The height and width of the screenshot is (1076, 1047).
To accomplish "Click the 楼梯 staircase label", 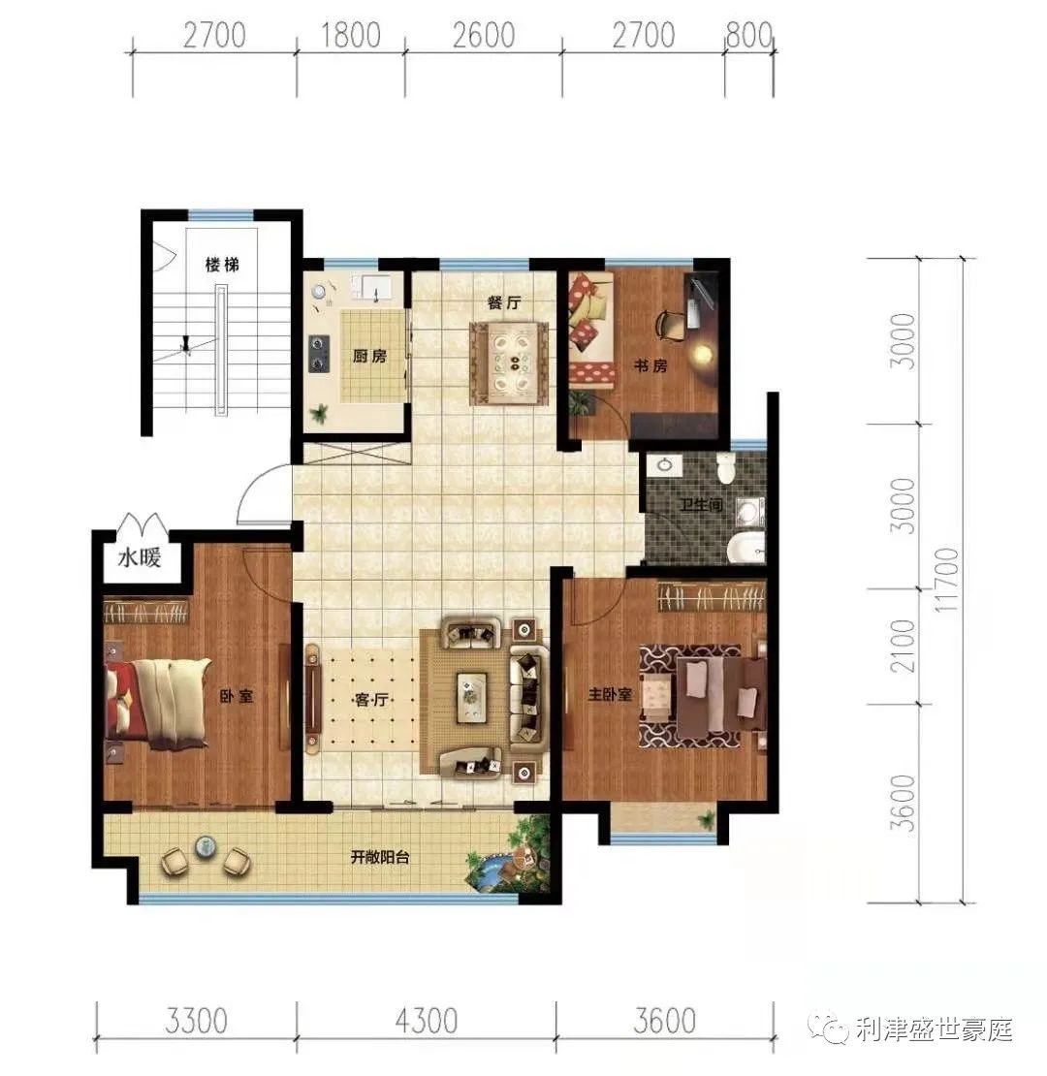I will pos(222,265).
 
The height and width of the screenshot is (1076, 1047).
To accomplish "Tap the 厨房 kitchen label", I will pos(369,357).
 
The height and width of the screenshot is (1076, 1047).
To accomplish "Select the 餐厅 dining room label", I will pos(504,302).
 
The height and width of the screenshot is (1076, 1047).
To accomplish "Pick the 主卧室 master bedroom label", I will pos(611,695).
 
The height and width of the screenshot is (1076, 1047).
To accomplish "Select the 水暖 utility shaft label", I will pos(140,558).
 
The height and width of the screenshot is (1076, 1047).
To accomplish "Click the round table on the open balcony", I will pos(206,846).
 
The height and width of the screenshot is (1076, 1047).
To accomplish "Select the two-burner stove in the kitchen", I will pos(318,353).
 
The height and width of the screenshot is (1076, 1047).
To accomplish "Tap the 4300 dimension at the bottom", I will pos(425,1022).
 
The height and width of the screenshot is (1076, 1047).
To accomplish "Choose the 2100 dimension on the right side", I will pos(902,647).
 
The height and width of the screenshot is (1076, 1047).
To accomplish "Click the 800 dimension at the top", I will pos(748,36).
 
